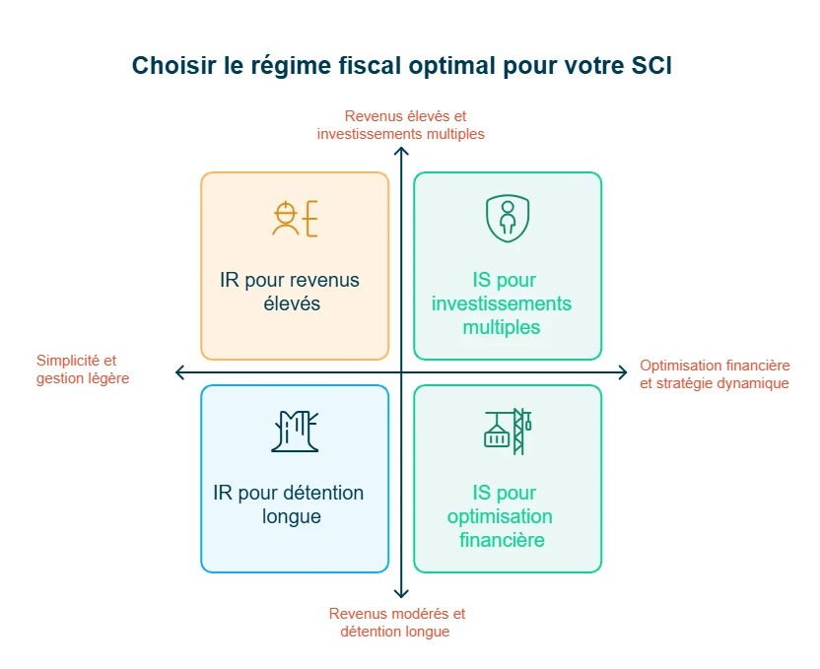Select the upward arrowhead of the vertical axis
click(401, 152)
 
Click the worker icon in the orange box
click(295, 218)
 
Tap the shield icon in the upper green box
click(507, 218)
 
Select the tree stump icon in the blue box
click(295, 431)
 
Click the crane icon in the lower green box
click(508, 431)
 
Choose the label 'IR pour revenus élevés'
click(290, 292)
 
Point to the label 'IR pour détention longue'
click(290, 504)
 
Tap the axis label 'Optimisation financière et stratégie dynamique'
click(715, 373)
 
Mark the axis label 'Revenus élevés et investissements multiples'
click(400, 125)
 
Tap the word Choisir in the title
click(165, 65)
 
